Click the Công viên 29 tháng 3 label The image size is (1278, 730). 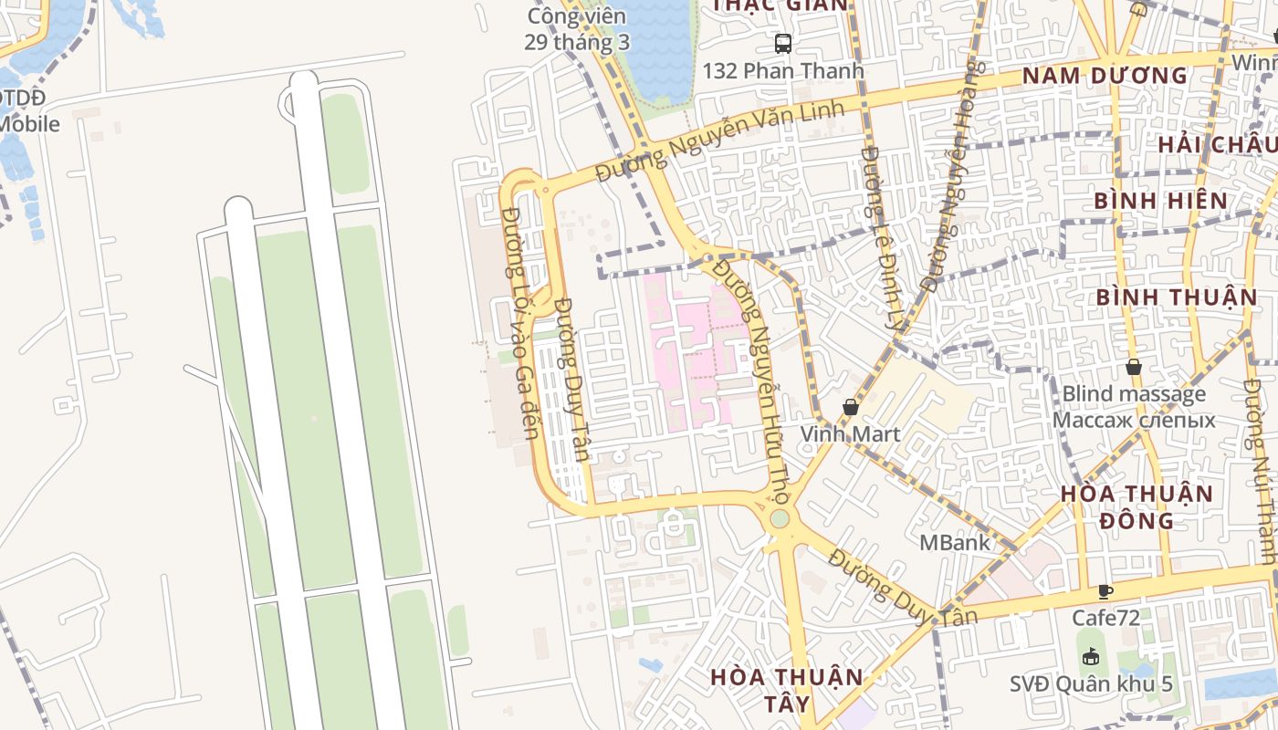(x=577, y=29)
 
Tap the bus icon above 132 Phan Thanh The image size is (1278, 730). (x=782, y=43)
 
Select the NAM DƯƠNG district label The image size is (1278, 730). (x=1105, y=76)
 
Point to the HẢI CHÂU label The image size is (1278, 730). (x=1216, y=144)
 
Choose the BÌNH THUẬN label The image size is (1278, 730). (x=1177, y=297)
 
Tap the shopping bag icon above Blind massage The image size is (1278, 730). (x=1133, y=367)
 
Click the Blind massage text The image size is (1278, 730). (x=1134, y=395)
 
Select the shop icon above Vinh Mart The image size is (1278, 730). (x=850, y=407)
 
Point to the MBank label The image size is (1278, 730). (x=954, y=542)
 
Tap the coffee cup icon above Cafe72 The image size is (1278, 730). (x=1105, y=591)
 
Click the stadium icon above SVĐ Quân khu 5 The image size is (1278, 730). (x=1090, y=656)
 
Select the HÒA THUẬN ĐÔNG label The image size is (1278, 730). (x=1137, y=507)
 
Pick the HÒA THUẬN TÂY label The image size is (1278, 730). (x=786, y=690)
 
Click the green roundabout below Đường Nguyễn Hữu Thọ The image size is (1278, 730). (x=779, y=518)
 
